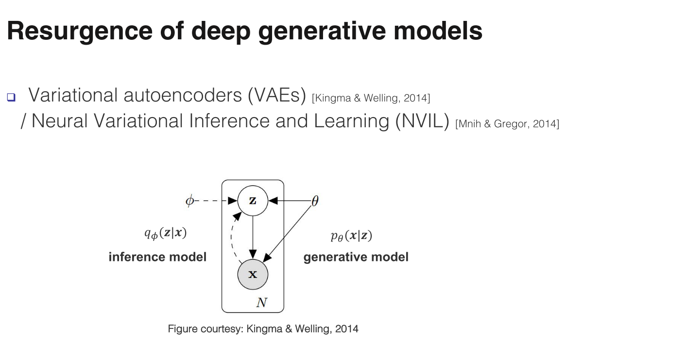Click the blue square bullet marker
[x=11, y=97]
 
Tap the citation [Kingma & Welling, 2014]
[x=371, y=98]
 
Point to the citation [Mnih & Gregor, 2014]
[x=507, y=124]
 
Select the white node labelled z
[x=253, y=200]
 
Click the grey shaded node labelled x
[x=253, y=274]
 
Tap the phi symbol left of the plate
[x=189, y=201]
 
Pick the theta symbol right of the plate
[x=314, y=201]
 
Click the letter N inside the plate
[x=261, y=303]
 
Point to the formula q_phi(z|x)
[x=165, y=234]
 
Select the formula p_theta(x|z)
[x=351, y=236]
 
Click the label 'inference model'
[x=157, y=257]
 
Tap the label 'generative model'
[x=356, y=257]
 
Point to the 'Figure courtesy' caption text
[x=263, y=329]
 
